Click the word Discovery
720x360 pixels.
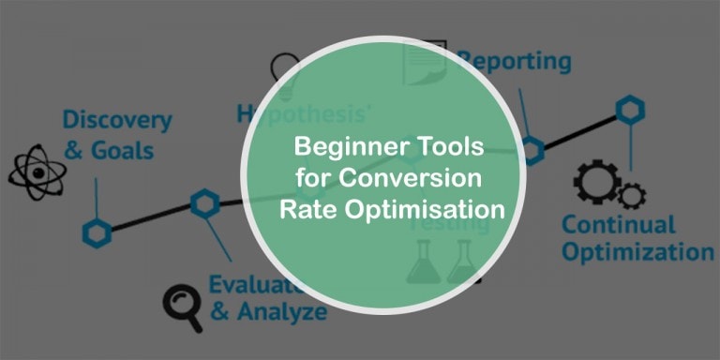coord(117,121)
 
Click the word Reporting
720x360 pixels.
coord(514,62)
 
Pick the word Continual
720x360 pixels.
coord(618,225)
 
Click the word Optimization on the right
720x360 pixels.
coord(637,252)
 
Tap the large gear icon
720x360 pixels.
coord(595,184)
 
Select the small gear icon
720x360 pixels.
coord(632,195)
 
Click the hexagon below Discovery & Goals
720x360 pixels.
coord(96,232)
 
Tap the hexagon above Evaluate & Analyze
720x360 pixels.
coord(204,202)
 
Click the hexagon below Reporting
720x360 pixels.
coord(532,148)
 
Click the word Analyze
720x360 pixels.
coord(280,311)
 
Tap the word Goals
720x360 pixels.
coord(123,150)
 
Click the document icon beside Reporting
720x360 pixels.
coord(424,63)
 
